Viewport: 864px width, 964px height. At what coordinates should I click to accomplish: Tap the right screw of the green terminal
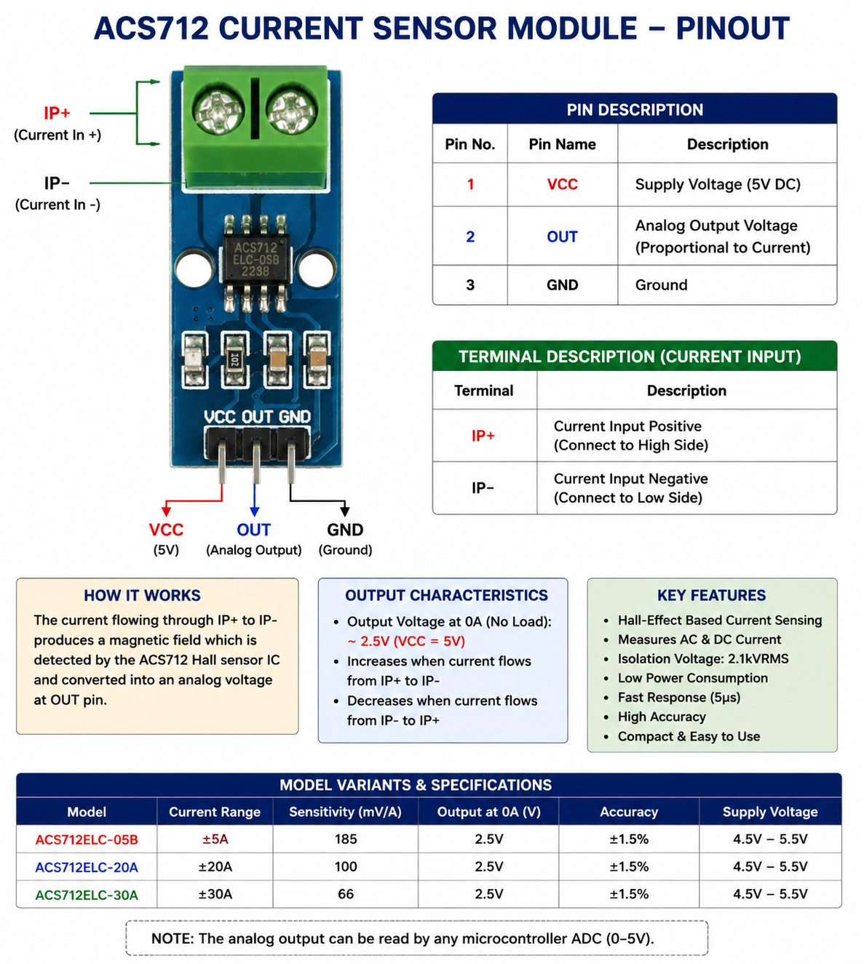pos(291,112)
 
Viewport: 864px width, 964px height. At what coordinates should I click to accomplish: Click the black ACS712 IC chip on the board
pos(255,259)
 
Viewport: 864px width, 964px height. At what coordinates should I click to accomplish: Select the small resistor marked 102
pos(234,359)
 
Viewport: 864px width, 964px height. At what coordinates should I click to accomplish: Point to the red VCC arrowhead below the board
pos(166,511)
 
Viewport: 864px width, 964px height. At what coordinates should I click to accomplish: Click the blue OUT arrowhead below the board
pos(255,511)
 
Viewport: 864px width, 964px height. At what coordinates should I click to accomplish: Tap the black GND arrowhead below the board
pos(344,511)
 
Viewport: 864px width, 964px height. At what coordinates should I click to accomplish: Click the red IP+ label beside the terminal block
pos(57,113)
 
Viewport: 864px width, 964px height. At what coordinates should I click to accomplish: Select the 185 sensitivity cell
pos(346,839)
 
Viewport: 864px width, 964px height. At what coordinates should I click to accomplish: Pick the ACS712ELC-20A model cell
pos(87,867)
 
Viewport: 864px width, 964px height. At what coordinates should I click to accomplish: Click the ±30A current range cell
pos(215,894)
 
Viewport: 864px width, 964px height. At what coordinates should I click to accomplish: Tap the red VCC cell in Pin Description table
pos(562,184)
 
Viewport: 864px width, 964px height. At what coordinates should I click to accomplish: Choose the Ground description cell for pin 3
pos(727,284)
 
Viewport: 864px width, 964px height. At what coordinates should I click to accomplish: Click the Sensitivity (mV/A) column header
pos(346,812)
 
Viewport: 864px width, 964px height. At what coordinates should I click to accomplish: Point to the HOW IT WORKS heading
pos(143,595)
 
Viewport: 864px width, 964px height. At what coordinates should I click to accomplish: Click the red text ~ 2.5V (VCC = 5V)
pos(406,642)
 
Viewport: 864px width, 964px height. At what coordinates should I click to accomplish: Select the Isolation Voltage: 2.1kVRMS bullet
pos(703,658)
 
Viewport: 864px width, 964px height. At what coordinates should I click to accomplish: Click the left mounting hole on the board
pos(194,269)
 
